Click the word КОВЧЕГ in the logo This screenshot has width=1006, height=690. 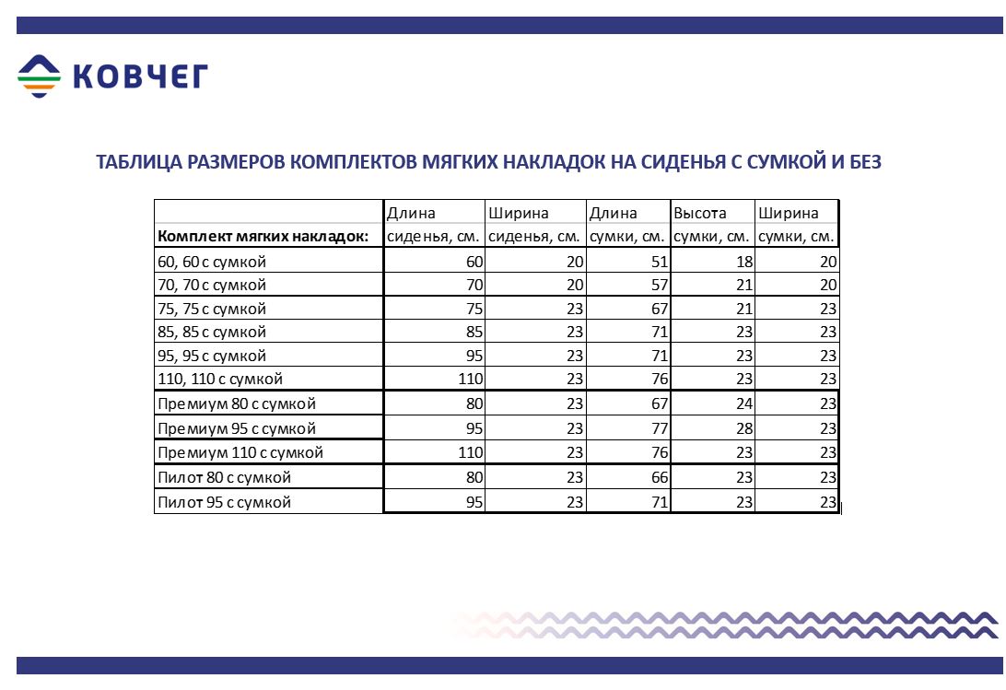pyautogui.click(x=140, y=77)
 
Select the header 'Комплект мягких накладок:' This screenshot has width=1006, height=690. pyautogui.click(x=263, y=237)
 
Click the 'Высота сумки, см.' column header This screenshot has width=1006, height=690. pyautogui.click(x=711, y=225)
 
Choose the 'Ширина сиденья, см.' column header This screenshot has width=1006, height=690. pyautogui.click(x=534, y=225)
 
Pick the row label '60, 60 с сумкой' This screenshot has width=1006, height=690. pyautogui.click(x=212, y=262)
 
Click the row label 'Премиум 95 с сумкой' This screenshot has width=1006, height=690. pyautogui.click(x=237, y=428)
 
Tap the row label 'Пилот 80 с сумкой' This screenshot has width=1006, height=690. pyautogui.click(x=224, y=477)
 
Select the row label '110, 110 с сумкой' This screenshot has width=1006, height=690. pyautogui.click(x=220, y=379)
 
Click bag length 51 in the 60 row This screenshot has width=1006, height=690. pyautogui.click(x=659, y=262)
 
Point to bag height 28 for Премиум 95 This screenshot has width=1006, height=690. pyautogui.click(x=743, y=428)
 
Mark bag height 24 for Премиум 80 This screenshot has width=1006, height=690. pyautogui.click(x=743, y=403)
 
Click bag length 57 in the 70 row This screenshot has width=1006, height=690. pyautogui.click(x=659, y=286)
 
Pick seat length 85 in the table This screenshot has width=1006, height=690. pyautogui.click(x=474, y=332)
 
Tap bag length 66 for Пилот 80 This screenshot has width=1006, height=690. pyautogui.click(x=659, y=477)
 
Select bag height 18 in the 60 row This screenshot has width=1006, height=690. pyautogui.click(x=743, y=262)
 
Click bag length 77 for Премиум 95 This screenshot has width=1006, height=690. pyautogui.click(x=659, y=428)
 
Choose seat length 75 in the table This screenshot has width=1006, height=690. pyautogui.click(x=474, y=309)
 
